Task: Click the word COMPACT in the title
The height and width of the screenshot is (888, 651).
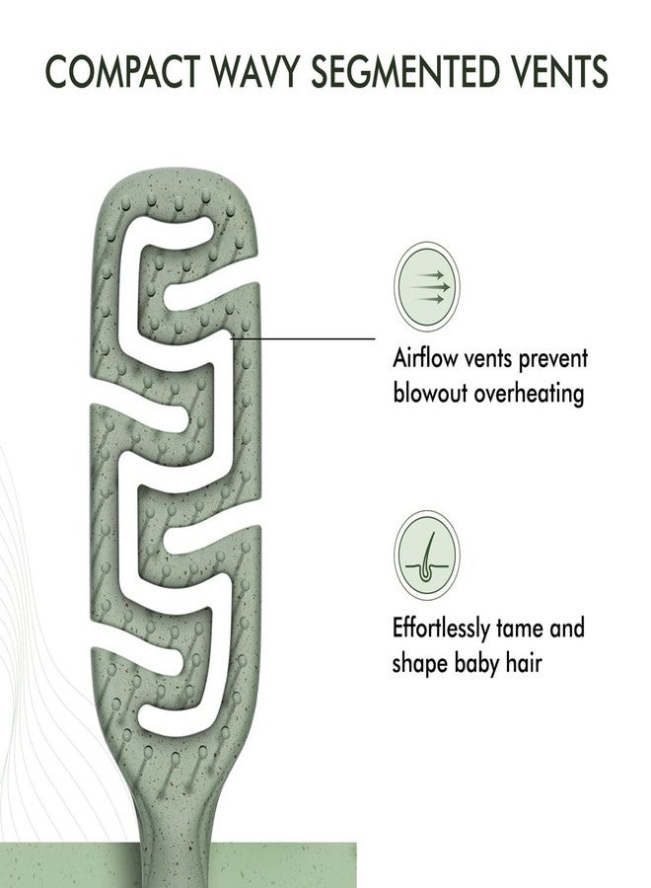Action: coord(122,71)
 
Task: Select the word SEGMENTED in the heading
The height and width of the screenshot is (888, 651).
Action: coord(405,71)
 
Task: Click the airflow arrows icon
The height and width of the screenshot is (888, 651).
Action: coord(427,286)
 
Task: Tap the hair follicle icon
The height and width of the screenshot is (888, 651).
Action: coord(427,555)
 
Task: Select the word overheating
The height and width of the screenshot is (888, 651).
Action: coord(529,393)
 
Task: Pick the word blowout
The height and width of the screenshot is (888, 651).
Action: coord(430,393)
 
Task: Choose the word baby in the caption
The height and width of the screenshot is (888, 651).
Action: coord(476,663)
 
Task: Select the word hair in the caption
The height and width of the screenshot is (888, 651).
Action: coord(524,662)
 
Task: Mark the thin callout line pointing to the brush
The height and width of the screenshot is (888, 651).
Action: coord(304,338)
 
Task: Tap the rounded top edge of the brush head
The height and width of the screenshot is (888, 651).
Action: coord(175,177)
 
